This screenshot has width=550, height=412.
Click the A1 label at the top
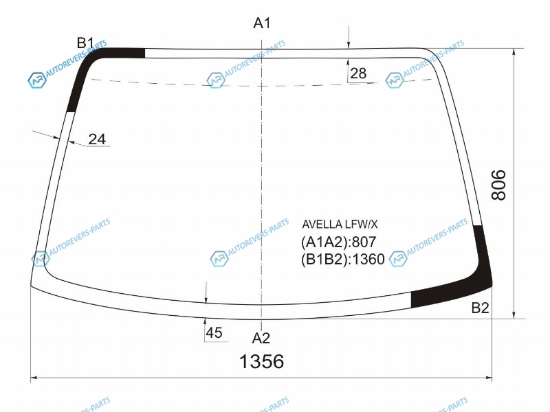coord(262,23)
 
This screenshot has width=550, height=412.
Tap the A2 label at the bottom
coord(261,338)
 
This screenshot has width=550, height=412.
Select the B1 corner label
coord(85,43)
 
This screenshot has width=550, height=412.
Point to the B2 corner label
coord(480,308)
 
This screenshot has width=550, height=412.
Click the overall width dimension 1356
coord(261,361)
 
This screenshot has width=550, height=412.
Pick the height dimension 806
coord(498,185)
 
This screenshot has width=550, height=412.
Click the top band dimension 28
coord(358,73)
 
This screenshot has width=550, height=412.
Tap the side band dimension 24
coord(97,139)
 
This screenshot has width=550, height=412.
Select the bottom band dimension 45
coord(214,332)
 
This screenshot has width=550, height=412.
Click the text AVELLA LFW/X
coord(340,224)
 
